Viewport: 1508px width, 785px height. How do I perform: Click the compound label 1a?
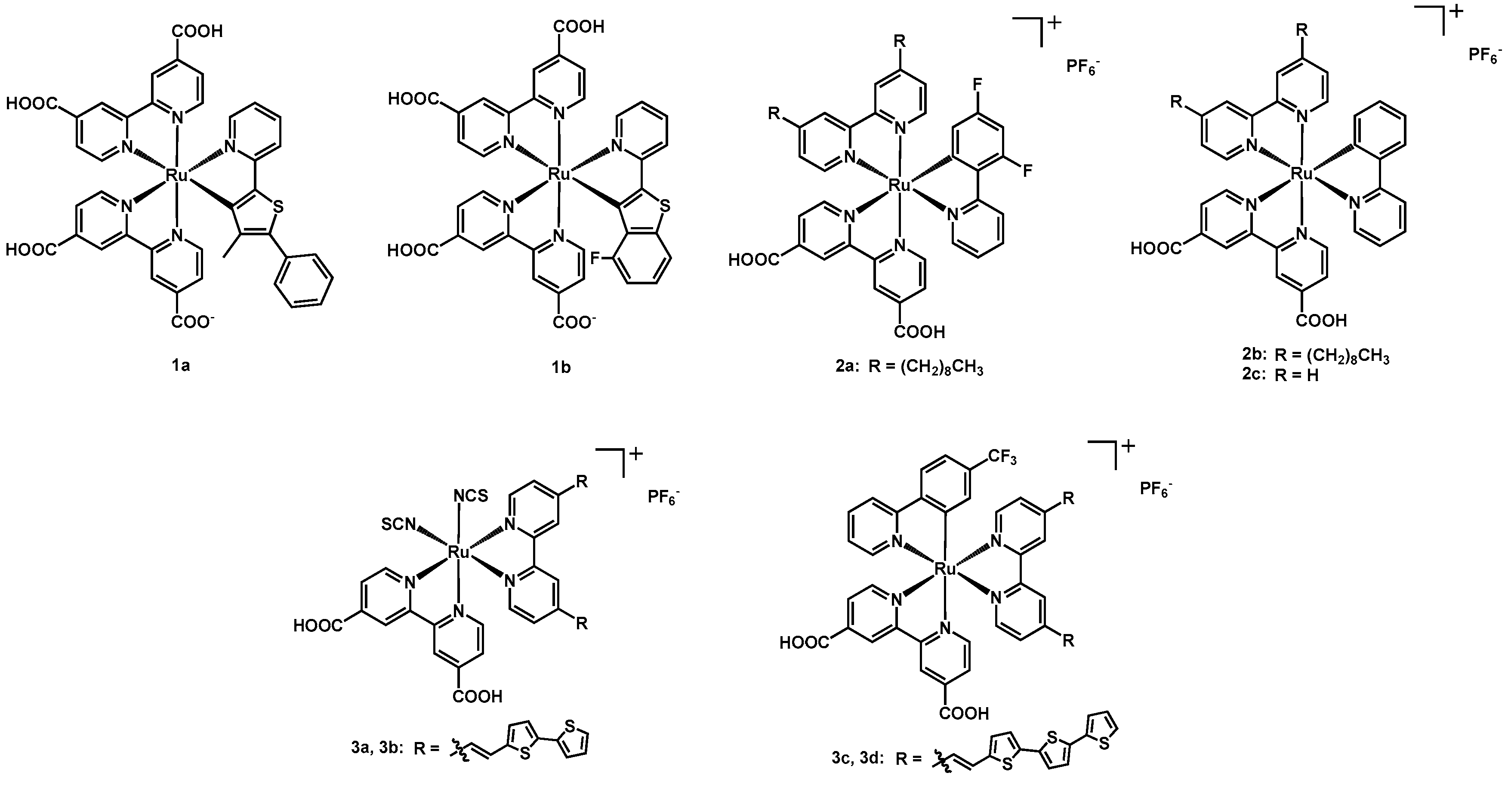tap(180, 366)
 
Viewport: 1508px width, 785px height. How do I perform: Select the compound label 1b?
tap(561, 367)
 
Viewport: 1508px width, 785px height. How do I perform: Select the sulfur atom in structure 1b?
tap(664, 206)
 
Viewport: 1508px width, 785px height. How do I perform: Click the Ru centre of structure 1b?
tap(558, 174)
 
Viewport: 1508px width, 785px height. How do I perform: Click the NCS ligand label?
tap(471, 496)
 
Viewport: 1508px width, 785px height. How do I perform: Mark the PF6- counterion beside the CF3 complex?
tap(1156, 489)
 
